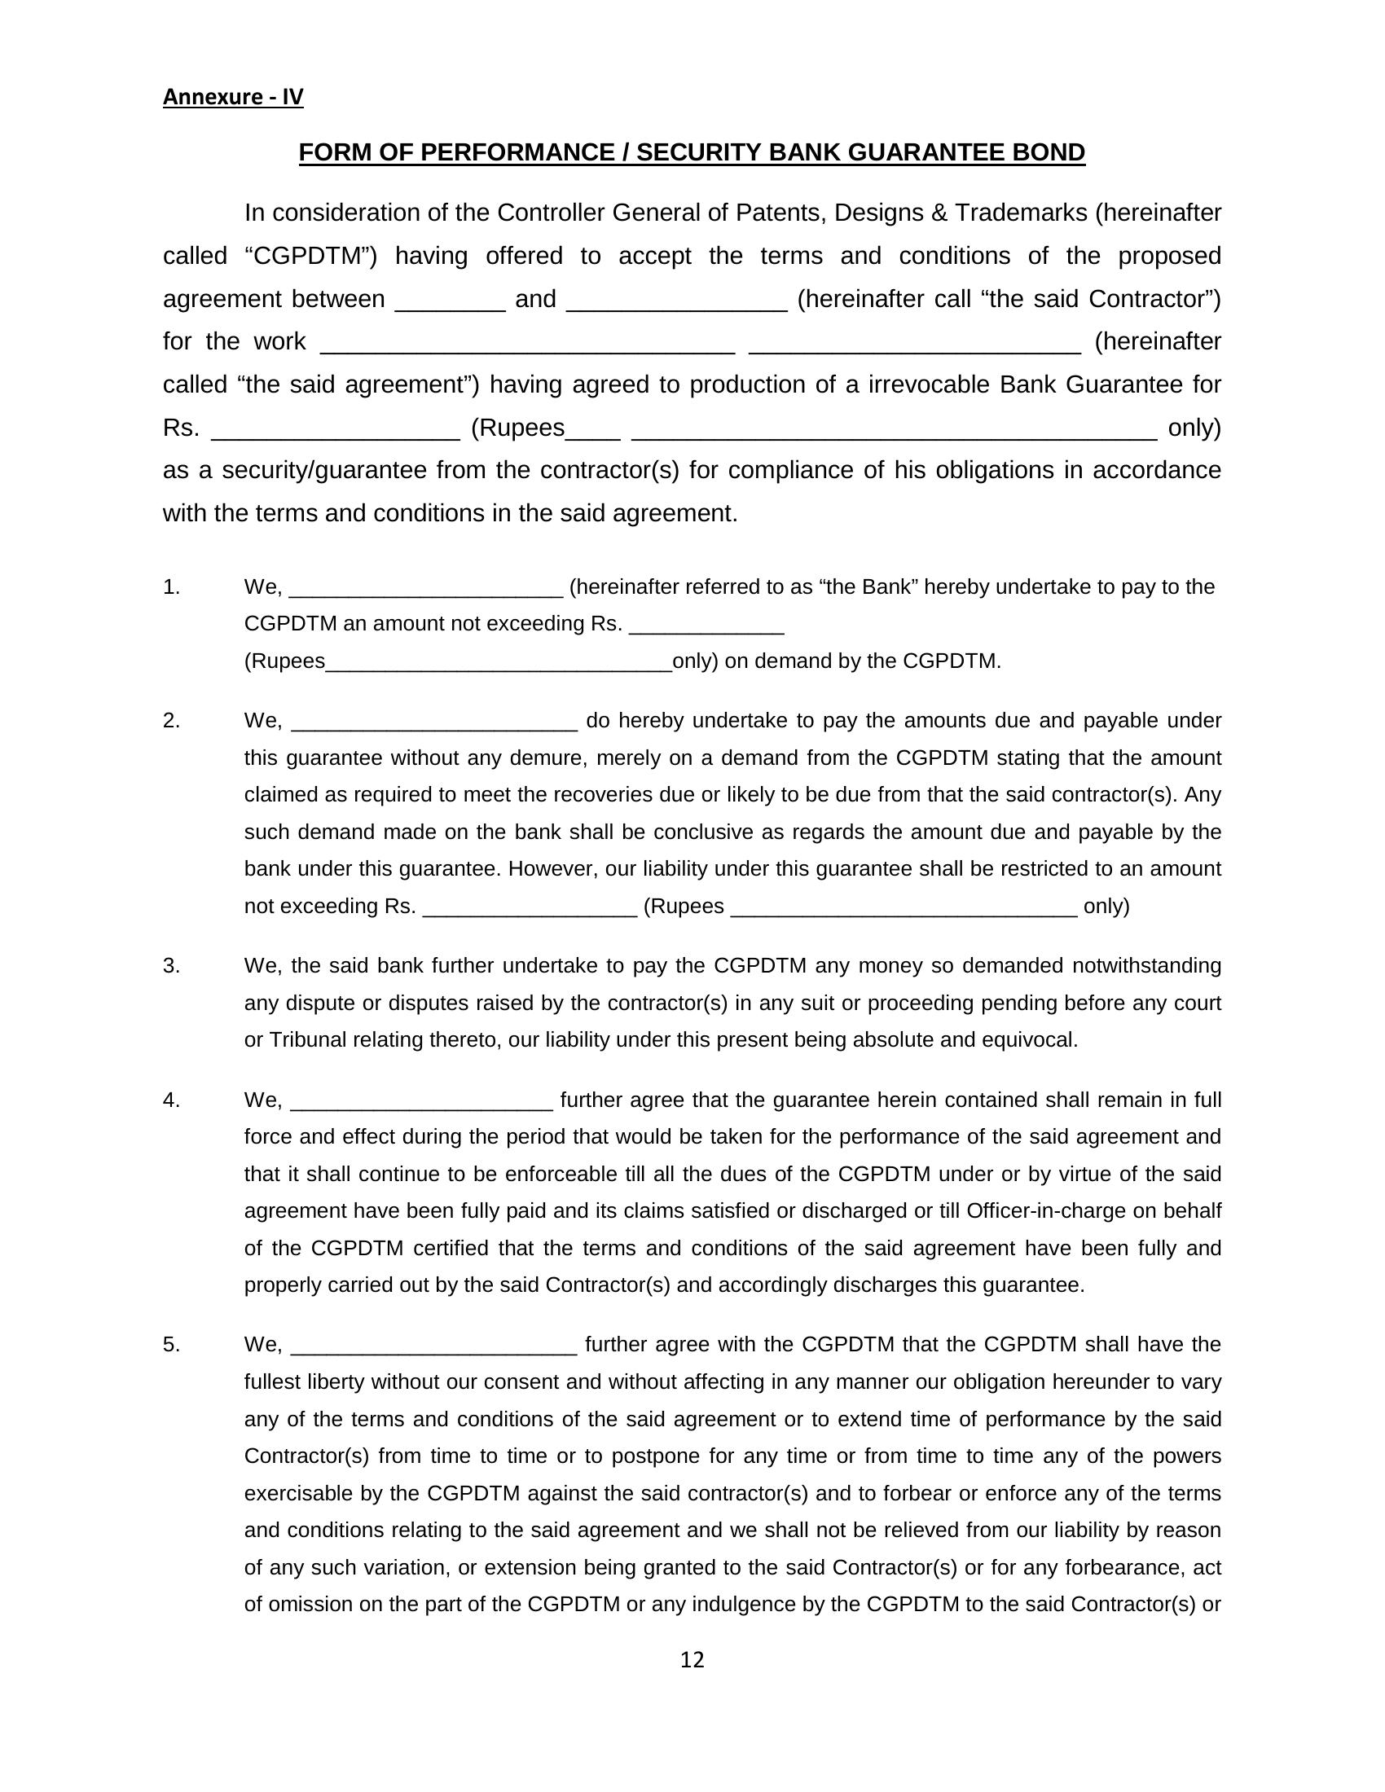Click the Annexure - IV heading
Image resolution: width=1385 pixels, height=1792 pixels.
point(233,97)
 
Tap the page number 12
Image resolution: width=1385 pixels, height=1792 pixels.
point(692,1660)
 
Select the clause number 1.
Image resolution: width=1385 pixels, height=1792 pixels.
point(170,586)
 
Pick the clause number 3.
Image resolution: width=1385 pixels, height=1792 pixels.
point(170,966)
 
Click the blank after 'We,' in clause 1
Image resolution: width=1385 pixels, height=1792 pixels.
point(426,589)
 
